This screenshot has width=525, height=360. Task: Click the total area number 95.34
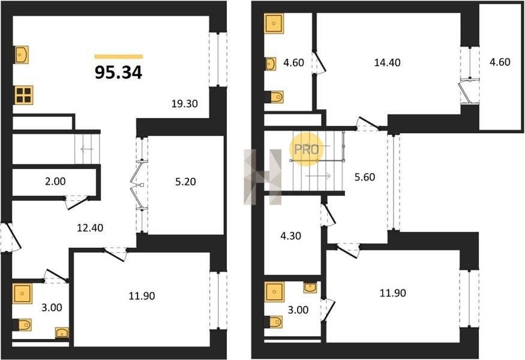click(x=119, y=73)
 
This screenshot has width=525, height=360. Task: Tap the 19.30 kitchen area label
click(x=184, y=104)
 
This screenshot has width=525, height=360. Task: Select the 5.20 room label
click(x=185, y=182)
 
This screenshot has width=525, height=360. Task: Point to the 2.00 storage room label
click(x=55, y=181)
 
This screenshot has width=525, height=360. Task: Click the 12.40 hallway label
click(x=90, y=228)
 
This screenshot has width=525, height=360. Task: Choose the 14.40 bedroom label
click(x=387, y=62)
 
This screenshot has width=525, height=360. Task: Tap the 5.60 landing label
click(x=365, y=177)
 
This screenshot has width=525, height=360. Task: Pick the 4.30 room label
click(x=290, y=236)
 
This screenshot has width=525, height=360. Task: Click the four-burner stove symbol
click(x=24, y=95)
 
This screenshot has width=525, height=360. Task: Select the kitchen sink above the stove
click(x=22, y=55)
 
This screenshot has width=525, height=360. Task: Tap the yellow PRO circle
click(x=306, y=149)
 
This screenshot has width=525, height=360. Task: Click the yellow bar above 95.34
click(x=119, y=56)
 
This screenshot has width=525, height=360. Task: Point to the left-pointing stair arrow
click(x=87, y=149)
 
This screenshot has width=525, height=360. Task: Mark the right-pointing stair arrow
click(x=319, y=176)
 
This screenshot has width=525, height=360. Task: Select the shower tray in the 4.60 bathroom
click(x=274, y=23)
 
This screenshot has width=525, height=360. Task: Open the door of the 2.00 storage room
click(x=77, y=202)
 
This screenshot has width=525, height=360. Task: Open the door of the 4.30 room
click(x=328, y=215)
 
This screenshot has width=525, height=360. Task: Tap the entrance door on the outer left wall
click(x=11, y=237)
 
